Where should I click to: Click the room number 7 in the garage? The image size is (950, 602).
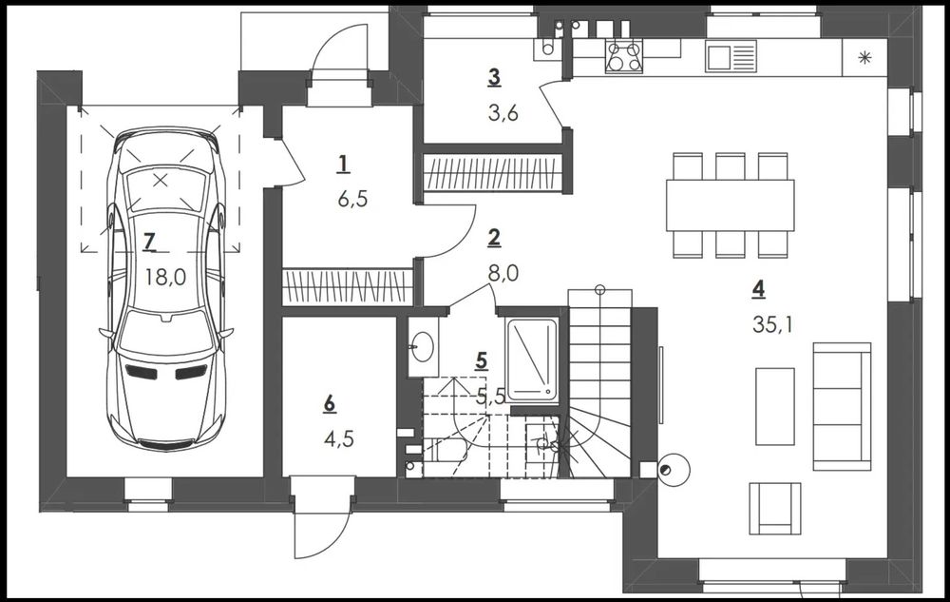pyautogui.click(x=150, y=242)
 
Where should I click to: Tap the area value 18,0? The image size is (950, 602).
pyautogui.click(x=165, y=277)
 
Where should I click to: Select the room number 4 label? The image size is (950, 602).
pyautogui.click(x=758, y=289)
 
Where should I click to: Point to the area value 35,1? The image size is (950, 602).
pyautogui.click(x=772, y=325)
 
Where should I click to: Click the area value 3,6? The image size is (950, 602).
pyautogui.click(x=503, y=113)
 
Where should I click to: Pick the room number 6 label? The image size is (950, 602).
pyautogui.click(x=330, y=404)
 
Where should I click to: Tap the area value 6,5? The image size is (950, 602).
pyautogui.click(x=352, y=199)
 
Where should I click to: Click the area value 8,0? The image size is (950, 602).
pyautogui.click(x=503, y=273)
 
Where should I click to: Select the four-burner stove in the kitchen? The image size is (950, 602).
pyautogui.click(x=624, y=56)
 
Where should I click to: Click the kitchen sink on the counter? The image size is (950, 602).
pyautogui.click(x=731, y=56)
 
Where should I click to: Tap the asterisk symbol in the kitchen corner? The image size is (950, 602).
pyautogui.click(x=864, y=58)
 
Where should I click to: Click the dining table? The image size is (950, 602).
pyautogui.click(x=730, y=204)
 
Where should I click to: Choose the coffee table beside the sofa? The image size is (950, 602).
pyautogui.click(x=775, y=406)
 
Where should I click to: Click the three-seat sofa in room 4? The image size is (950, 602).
pyautogui.click(x=842, y=406)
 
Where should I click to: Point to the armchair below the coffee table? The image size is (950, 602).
pyautogui.click(x=775, y=508)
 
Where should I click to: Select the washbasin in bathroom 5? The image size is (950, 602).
pyautogui.click(x=423, y=346)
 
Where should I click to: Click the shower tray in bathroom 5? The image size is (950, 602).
pyautogui.click(x=531, y=359)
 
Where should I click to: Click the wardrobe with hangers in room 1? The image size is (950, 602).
pyautogui.click(x=348, y=287)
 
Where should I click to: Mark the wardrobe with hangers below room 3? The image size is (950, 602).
pyautogui.click(x=493, y=172)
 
